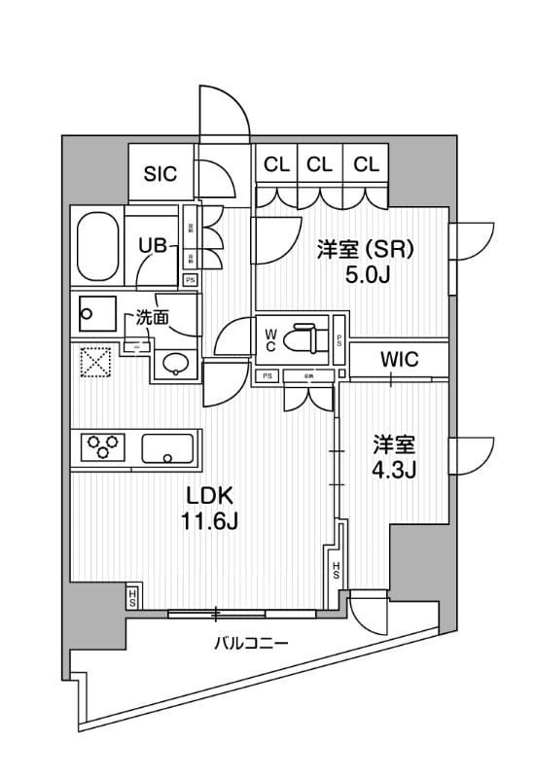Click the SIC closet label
click(x=161, y=174)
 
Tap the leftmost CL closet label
click(x=276, y=164)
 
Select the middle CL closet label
click(x=320, y=164)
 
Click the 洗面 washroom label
click(x=151, y=316)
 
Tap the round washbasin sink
click(x=175, y=364)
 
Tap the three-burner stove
click(x=106, y=448)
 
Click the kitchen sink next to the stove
click(x=169, y=449)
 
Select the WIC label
click(x=399, y=359)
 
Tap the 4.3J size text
click(x=395, y=472)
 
